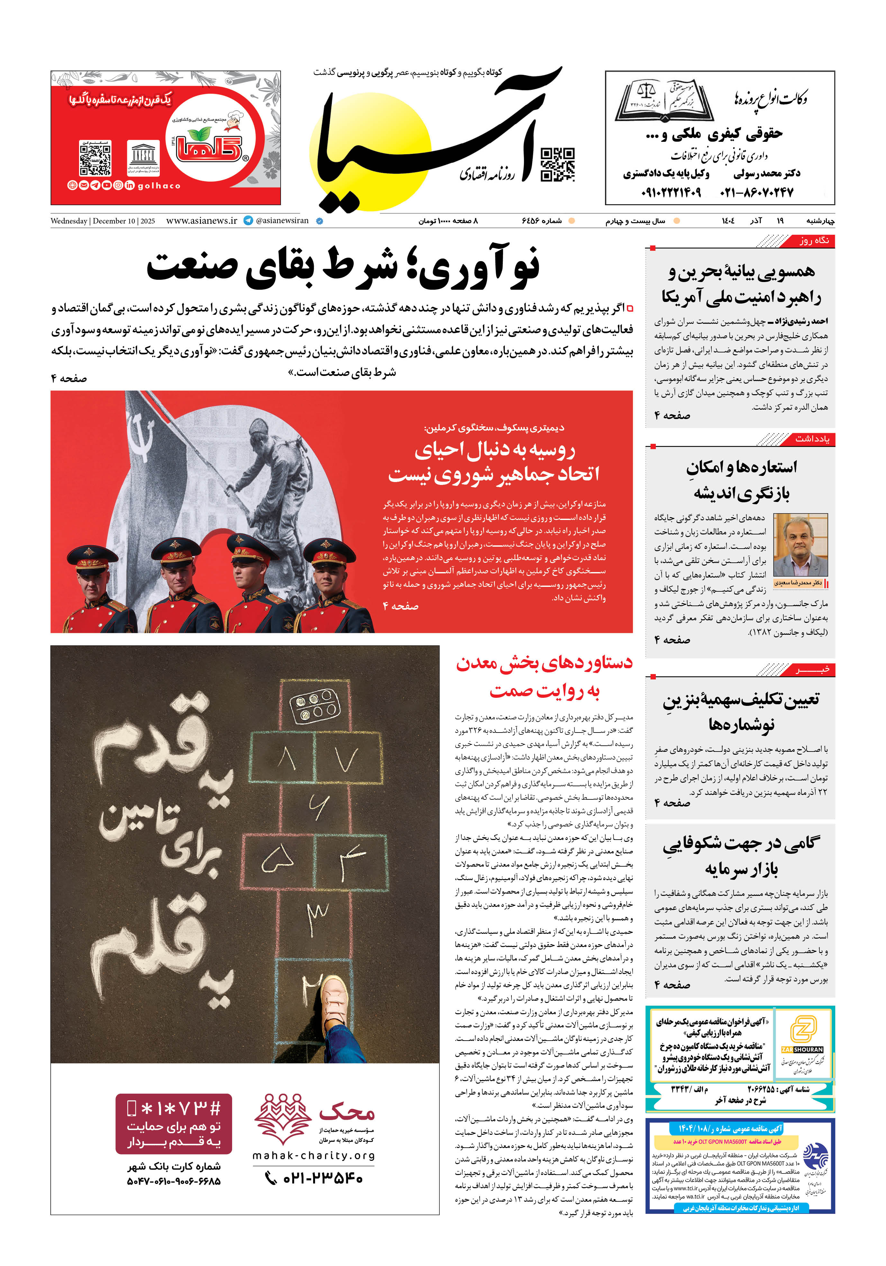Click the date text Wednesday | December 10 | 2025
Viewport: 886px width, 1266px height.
103,221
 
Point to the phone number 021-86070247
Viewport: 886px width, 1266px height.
756,192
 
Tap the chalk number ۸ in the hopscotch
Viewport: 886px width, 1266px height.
286,761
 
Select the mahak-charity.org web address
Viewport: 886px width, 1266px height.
313,1155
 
